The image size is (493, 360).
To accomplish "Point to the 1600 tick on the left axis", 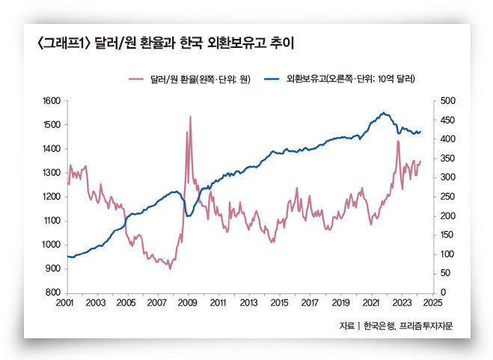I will (51, 100).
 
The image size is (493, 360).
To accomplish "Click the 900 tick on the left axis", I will (52, 269).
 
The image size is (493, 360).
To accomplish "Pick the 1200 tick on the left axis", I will (51, 197).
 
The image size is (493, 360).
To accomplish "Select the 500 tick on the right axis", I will (446, 100).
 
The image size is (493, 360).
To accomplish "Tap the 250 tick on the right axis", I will (446, 197).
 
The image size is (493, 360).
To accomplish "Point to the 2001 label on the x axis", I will (64, 302).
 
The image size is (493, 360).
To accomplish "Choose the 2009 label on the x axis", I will (187, 302).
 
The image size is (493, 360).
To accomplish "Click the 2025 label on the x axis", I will (432, 302).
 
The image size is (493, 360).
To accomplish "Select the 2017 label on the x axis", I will (310, 302).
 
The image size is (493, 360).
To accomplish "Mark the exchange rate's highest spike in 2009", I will (190, 117).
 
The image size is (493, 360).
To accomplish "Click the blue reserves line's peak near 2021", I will (383, 113).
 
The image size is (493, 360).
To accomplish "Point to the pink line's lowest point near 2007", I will (170, 269).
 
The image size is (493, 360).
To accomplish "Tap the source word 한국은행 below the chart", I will (379, 326).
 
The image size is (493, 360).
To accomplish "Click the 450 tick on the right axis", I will (446, 120).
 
